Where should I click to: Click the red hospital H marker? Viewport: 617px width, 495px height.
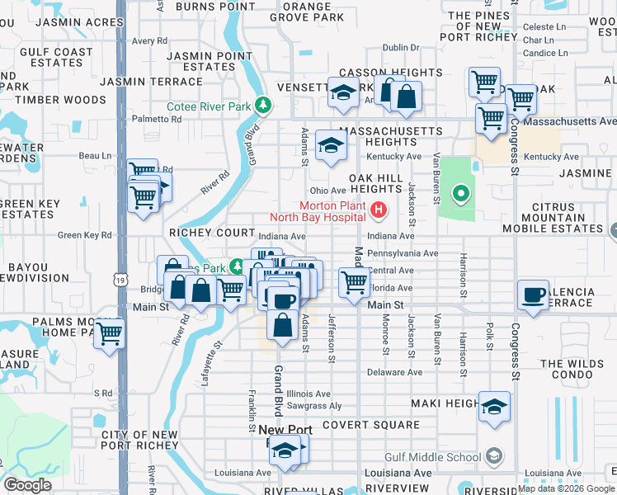coord(379,211)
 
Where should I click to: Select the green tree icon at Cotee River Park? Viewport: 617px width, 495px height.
coord(263,106)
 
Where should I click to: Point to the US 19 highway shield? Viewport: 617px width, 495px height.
coord(122,280)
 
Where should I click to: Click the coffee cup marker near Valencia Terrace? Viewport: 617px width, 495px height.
coord(534,295)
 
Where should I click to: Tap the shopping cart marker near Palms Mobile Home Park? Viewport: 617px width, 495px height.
coord(108,334)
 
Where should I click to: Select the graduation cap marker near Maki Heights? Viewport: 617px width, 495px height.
coord(494,407)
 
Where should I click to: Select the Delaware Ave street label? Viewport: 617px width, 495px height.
coord(394,372)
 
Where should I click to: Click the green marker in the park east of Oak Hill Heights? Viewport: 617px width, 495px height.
coord(460,195)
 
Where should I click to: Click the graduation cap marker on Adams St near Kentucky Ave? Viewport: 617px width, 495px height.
coord(331,146)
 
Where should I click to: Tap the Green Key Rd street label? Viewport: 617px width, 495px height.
coord(84,235)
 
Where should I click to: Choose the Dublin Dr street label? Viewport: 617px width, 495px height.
coord(401,48)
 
